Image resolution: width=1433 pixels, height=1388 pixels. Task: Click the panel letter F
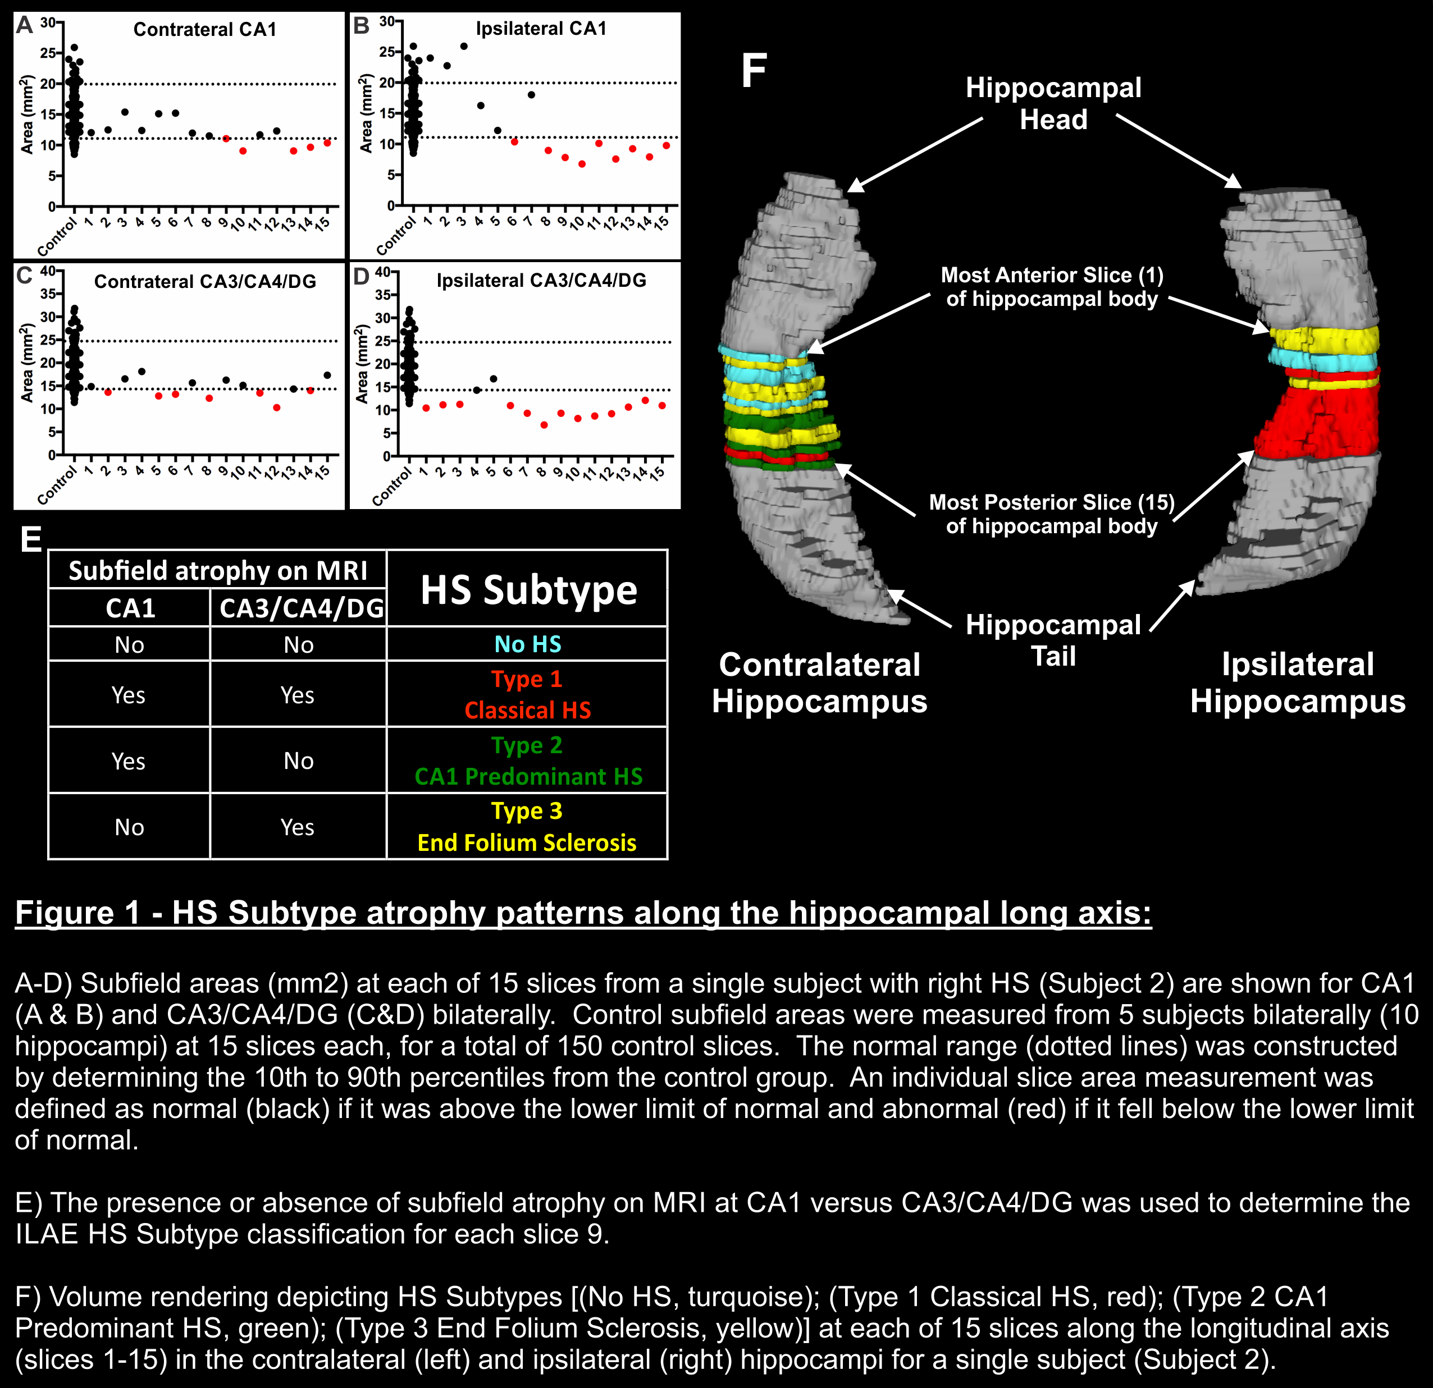[754, 71]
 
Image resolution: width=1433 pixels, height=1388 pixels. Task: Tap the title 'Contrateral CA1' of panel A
[205, 29]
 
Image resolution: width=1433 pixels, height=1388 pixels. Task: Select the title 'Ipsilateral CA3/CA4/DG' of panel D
[541, 281]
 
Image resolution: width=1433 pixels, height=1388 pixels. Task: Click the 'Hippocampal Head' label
[1053, 103]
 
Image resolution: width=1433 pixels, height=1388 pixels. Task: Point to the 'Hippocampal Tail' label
[1053, 640]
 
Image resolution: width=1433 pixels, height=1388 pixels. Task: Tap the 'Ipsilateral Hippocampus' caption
[1298, 682]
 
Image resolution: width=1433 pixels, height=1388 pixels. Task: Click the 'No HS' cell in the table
[527, 644]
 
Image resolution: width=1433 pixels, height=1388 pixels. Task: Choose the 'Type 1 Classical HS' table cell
[527, 694]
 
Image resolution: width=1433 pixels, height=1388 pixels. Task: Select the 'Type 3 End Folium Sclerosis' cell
[527, 827]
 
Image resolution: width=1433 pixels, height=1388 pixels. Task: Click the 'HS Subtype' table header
[528, 590]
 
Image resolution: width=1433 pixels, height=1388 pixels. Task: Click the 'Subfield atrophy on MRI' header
[218, 570]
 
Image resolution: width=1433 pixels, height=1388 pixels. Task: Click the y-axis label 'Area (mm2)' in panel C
[27, 363]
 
